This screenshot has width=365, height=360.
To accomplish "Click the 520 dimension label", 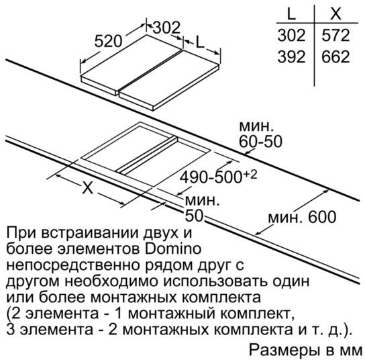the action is click(108, 41).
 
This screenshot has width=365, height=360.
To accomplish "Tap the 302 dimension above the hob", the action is click(166, 28).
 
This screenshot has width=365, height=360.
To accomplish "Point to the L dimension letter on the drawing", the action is click(200, 42).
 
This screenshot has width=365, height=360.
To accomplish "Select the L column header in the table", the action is click(291, 13).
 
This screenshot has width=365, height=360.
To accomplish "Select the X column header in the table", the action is click(335, 13).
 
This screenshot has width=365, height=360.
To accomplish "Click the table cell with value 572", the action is click(335, 35).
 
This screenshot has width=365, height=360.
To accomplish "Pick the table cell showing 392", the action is click(291, 56).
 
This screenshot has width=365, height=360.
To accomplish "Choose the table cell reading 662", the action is click(335, 56).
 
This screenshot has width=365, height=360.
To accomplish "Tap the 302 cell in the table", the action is click(291, 35).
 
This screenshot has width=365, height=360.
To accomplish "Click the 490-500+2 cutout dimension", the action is click(218, 177).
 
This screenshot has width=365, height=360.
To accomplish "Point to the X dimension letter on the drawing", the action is click(88, 187).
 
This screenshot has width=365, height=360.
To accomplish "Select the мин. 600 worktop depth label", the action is click(302, 217).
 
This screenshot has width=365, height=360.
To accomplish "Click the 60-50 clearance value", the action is click(260, 141).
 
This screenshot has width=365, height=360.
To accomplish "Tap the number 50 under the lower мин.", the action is click(194, 216).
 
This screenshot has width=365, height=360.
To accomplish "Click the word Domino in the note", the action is click(173, 249).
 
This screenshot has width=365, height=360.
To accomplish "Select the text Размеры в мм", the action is click(306, 350).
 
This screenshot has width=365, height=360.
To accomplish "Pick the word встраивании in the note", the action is click(91, 232).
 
